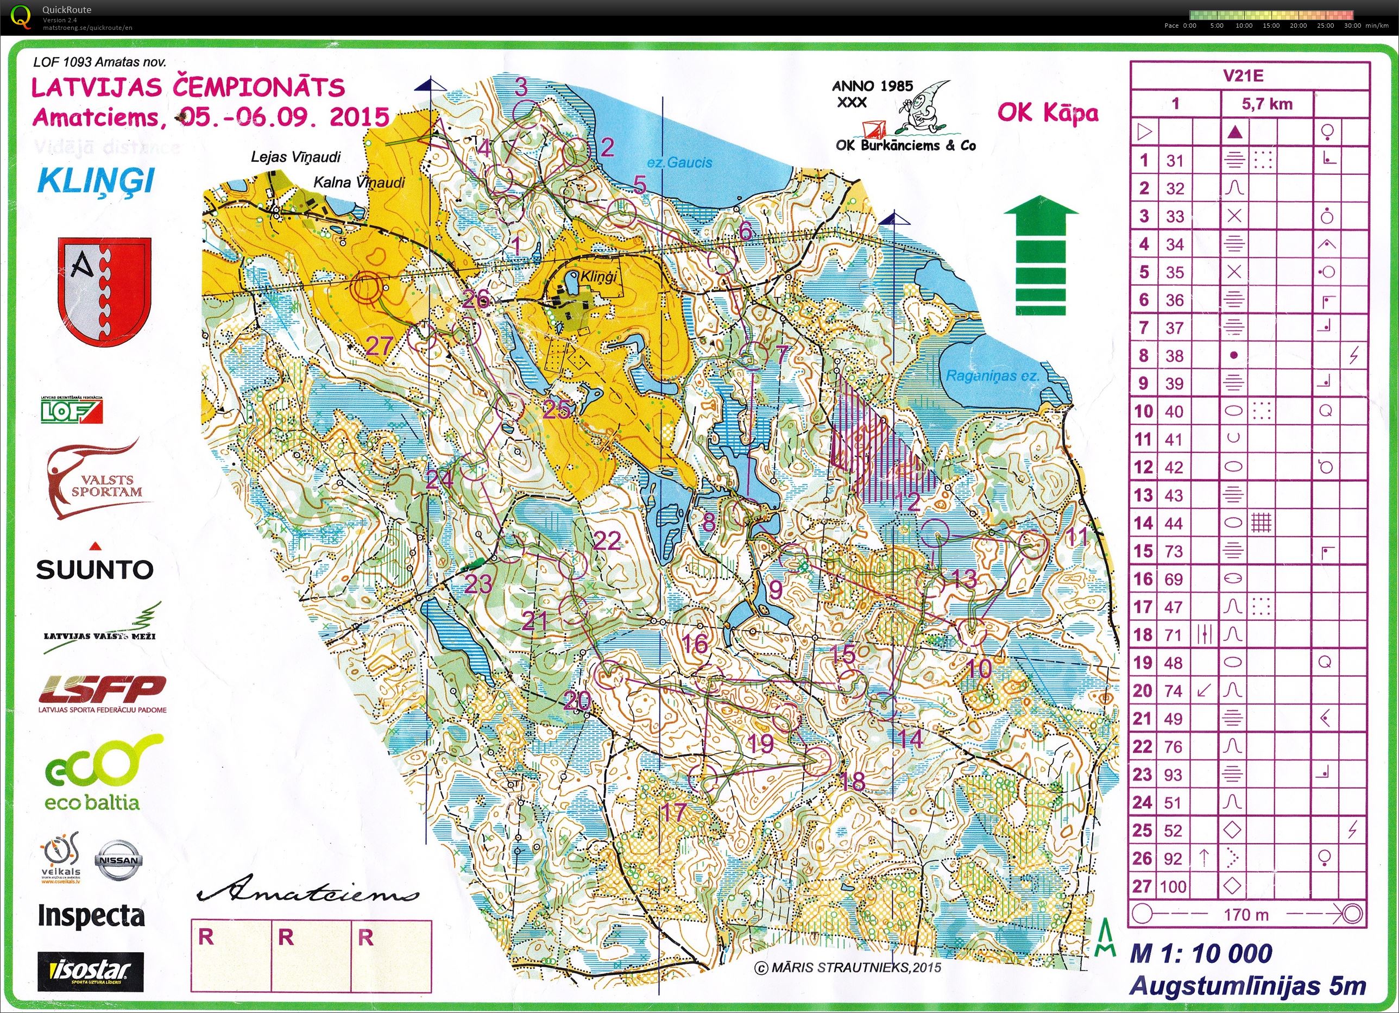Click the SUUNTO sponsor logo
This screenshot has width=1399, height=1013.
click(94, 568)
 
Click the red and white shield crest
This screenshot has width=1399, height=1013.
click(104, 292)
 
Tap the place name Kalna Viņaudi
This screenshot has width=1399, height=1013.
click(359, 182)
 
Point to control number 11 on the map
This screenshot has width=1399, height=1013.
click(1077, 536)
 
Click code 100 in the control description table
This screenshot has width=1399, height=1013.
click(1173, 886)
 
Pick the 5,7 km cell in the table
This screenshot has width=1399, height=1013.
click(1267, 104)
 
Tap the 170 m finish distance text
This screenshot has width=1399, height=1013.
click(1246, 914)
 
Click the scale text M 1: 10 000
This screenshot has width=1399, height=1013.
click(1201, 954)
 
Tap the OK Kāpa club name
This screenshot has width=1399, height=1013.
click(1048, 113)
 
